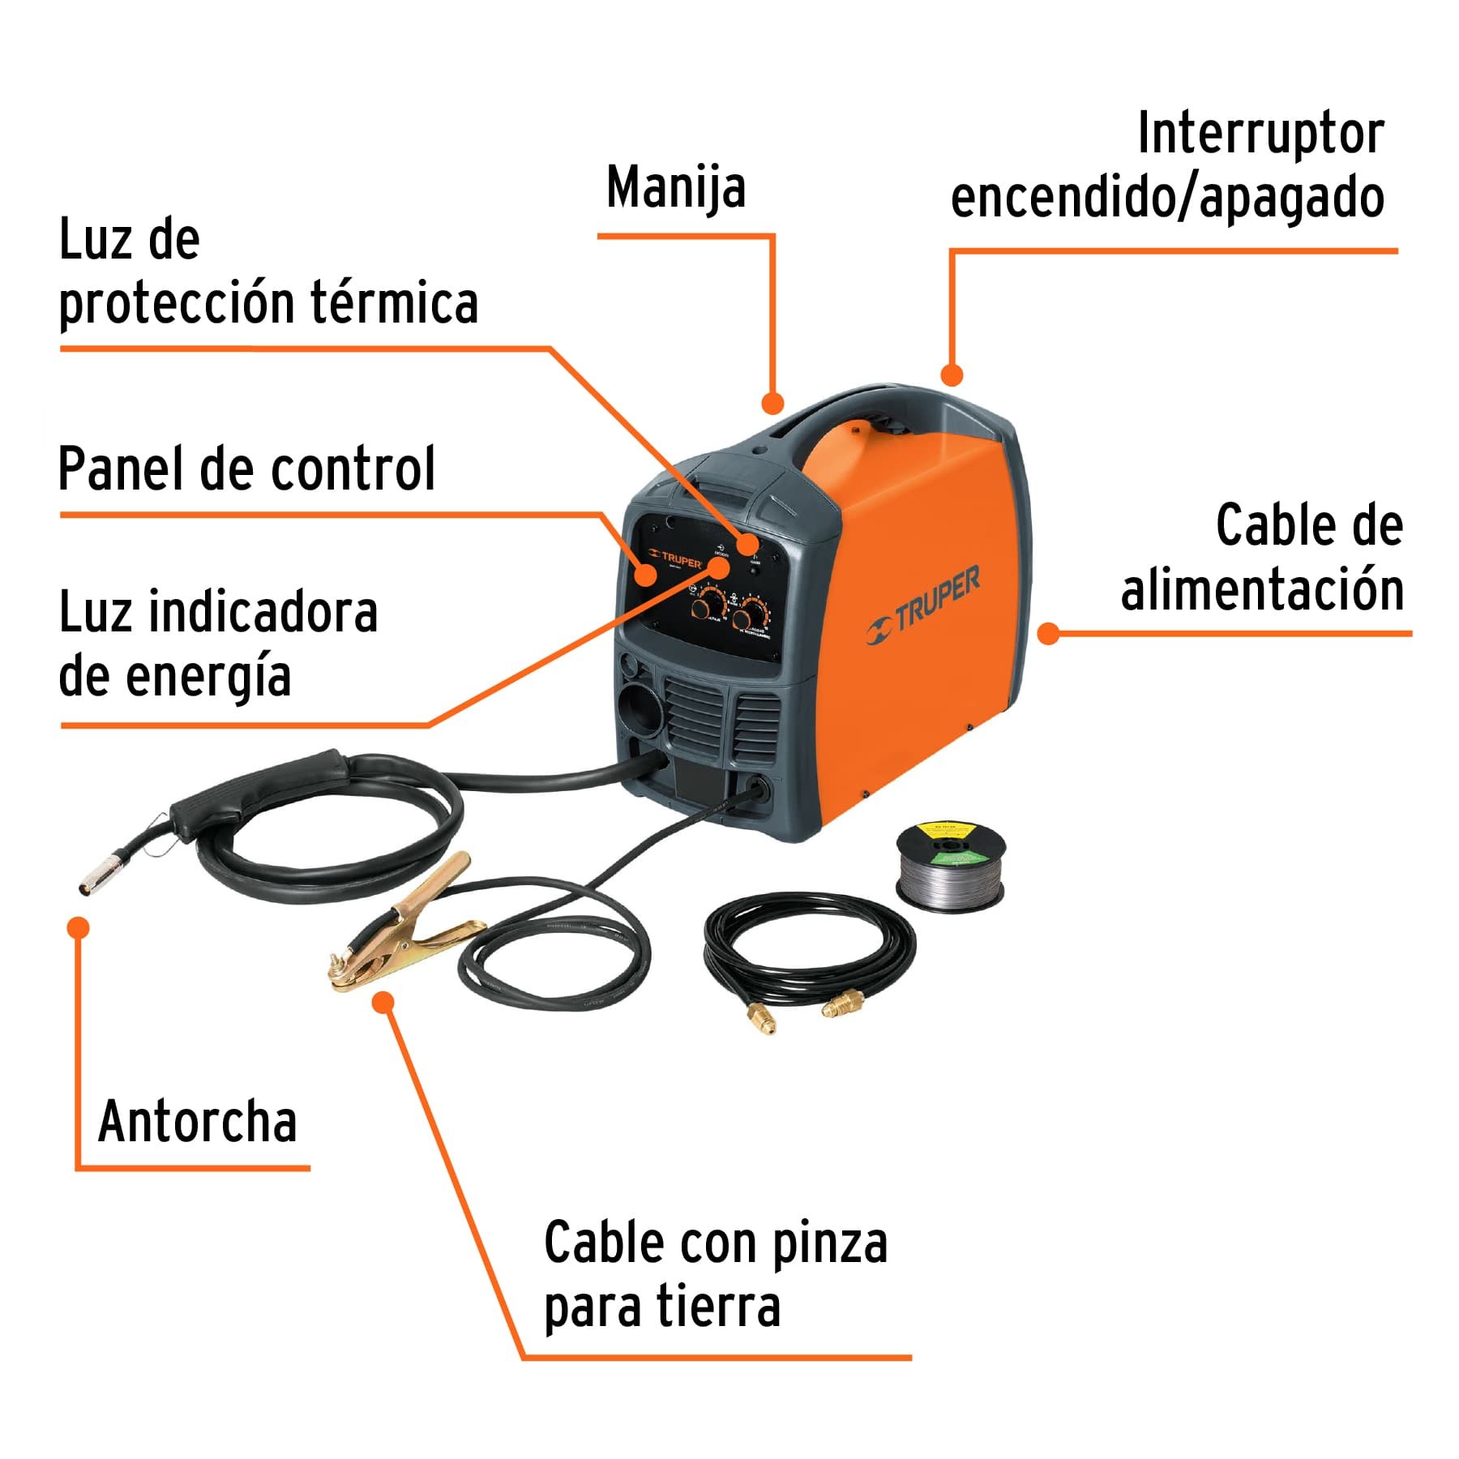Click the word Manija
click(675, 188)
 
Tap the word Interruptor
click(1260, 134)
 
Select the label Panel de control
click(246, 469)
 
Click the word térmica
click(394, 303)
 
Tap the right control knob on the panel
click(752, 614)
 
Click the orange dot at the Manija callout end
click(772, 403)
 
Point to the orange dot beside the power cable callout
click(1049, 633)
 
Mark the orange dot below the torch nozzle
click(79, 928)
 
